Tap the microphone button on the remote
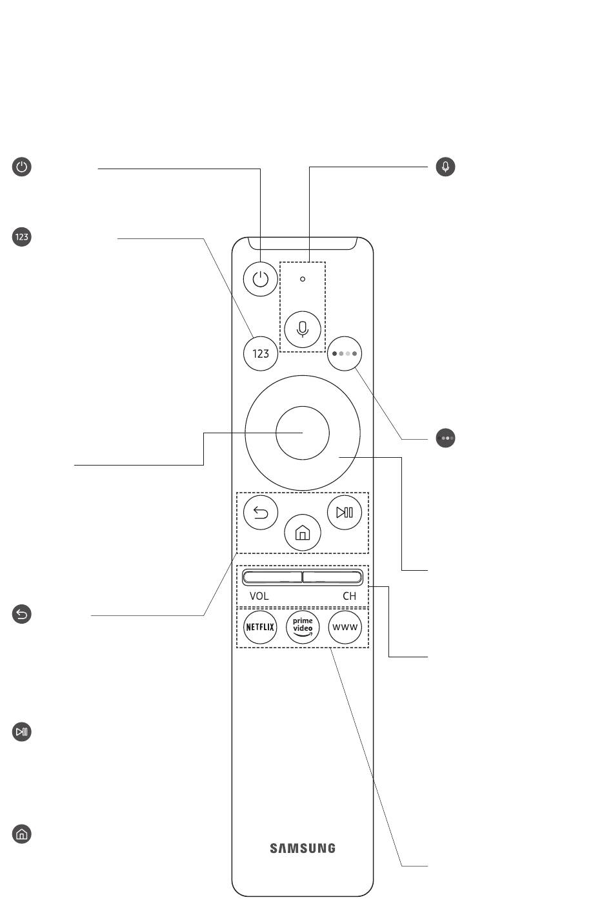point(302,329)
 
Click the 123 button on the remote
point(261,353)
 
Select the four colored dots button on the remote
point(345,353)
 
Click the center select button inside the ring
point(302,433)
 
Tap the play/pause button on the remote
point(345,512)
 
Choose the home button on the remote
point(302,533)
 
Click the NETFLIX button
point(260,627)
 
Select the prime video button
point(303,627)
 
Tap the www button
point(345,627)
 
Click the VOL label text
point(259,596)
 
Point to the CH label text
point(350,596)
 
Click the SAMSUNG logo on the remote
point(303,848)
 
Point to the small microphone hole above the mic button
point(302,279)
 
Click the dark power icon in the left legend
point(21,167)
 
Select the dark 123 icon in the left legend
point(21,237)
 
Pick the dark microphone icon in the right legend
point(445,167)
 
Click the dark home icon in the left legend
point(21,834)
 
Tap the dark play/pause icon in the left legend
point(21,732)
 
